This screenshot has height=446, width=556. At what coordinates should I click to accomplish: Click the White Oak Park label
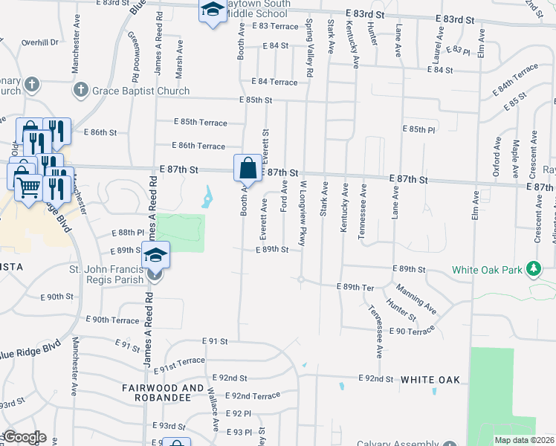coord(487,268)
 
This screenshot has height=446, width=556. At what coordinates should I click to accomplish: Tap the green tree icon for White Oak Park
coord(533,268)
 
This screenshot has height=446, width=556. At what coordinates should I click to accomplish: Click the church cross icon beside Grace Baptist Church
coord(80,91)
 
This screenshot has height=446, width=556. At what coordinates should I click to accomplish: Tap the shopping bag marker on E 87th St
coord(248,169)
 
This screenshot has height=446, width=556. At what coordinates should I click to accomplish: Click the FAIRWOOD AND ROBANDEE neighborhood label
coord(162,393)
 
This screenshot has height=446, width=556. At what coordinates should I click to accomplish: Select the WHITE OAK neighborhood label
coord(430,380)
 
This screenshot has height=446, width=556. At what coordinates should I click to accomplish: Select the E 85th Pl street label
coord(418,129)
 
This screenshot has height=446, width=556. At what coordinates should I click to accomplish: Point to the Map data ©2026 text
coord(524,440)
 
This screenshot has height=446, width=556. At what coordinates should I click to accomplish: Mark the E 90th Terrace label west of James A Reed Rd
coord(112,320)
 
